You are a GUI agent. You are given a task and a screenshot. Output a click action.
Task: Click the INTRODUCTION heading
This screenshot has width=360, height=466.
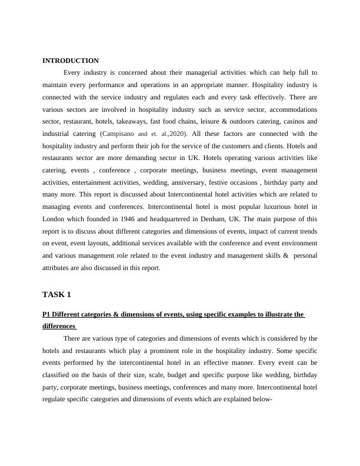(x=71, y=61)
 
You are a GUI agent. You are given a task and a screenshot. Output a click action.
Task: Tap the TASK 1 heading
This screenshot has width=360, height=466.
(x=56, y=294)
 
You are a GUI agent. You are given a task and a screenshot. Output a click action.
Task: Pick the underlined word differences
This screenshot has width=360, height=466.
(x=59, y=326)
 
